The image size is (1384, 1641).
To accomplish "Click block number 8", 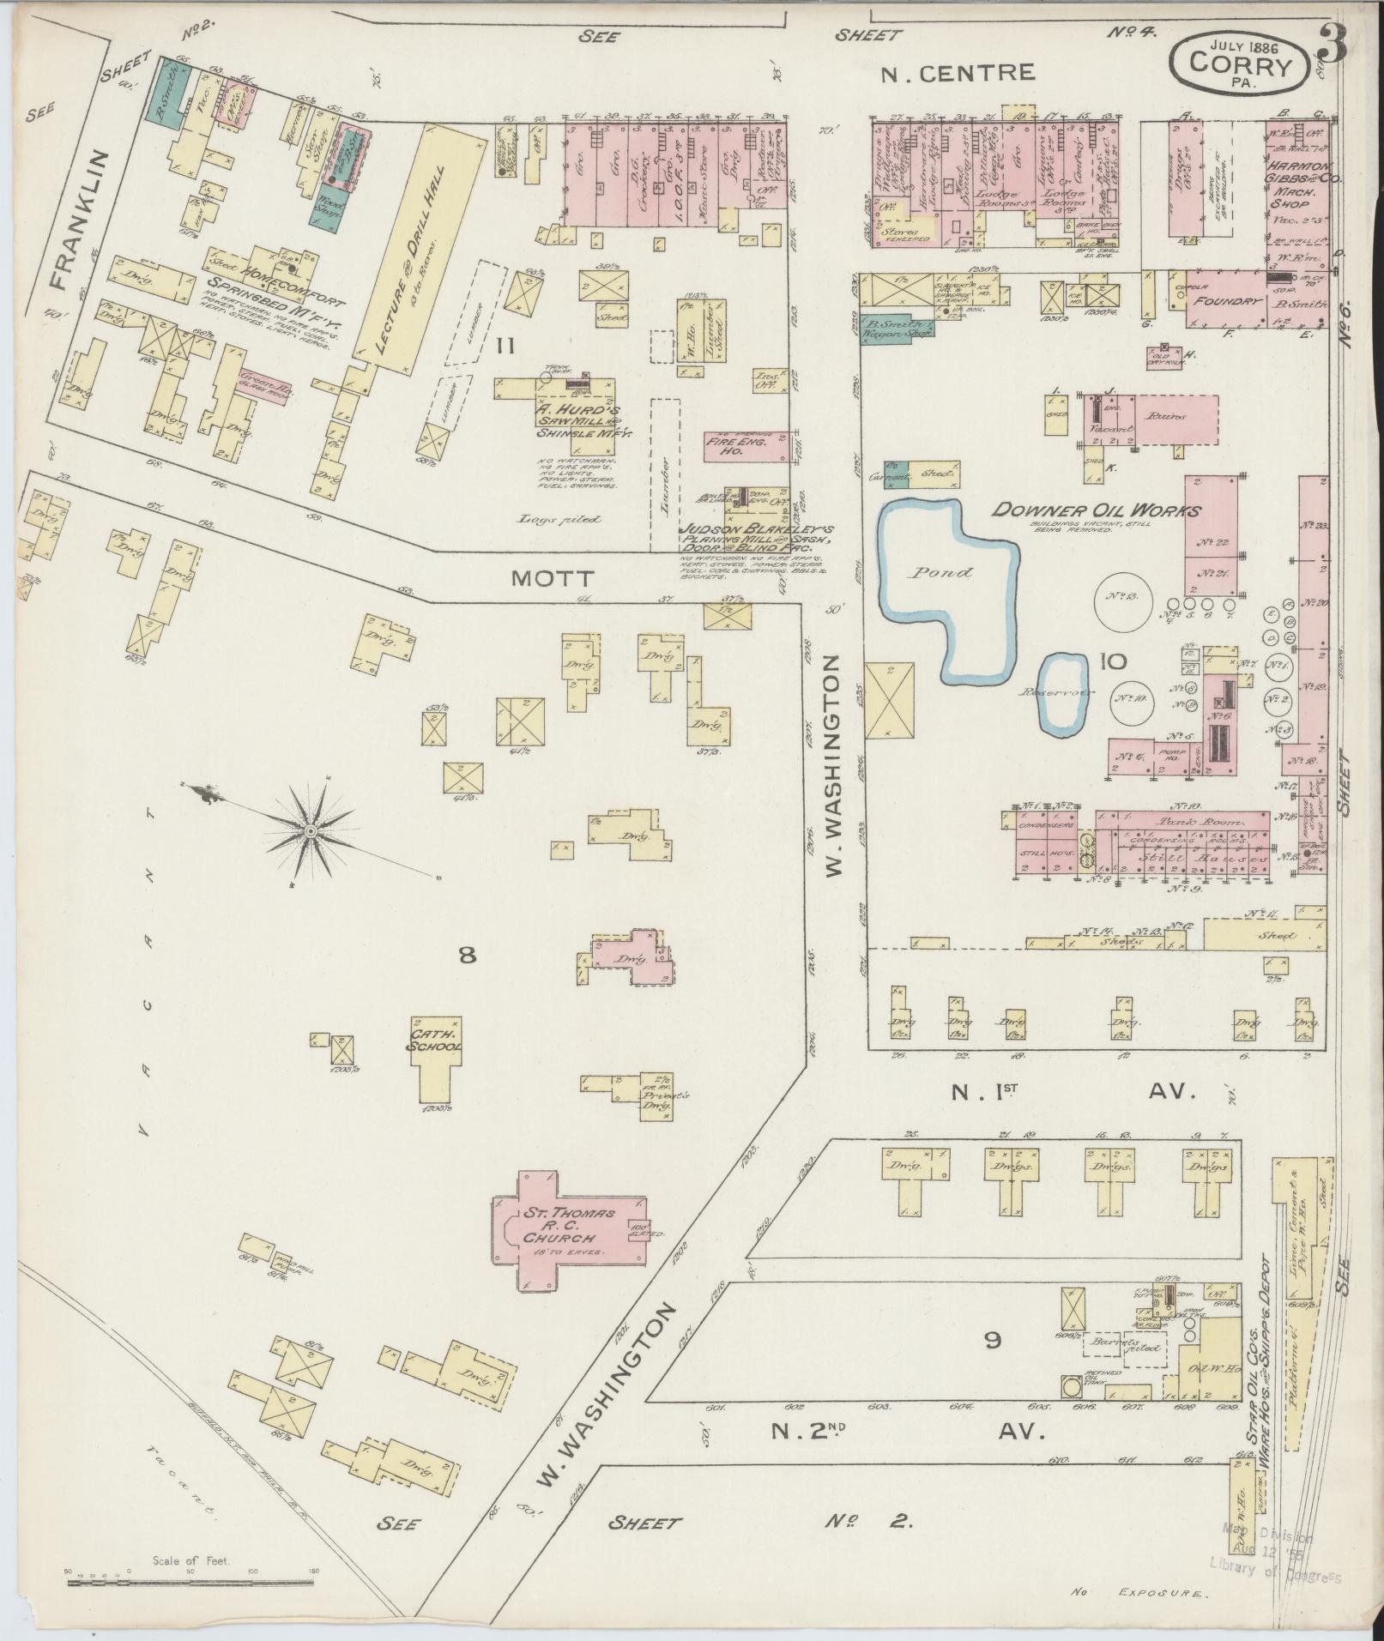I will click(467, 955).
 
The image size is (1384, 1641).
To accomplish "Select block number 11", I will click(505, 347).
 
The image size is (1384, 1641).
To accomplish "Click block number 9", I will click(992, 1340).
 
